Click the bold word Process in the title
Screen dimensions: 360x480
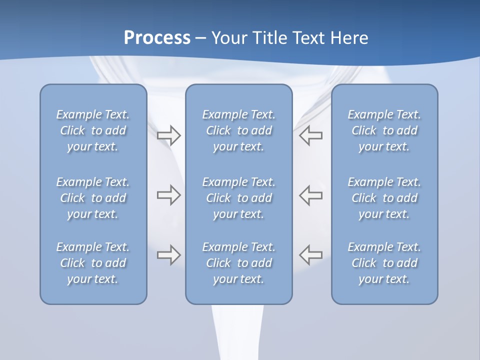(157, 38)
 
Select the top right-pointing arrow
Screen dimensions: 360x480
(168, 135)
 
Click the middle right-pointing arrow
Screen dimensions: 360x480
(168, 195)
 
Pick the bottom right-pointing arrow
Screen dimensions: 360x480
(168, 254)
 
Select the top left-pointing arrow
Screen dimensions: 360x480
(310, 135)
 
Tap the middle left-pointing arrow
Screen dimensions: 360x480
(310, 195)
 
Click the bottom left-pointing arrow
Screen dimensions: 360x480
(310, 254)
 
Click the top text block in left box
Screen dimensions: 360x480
(93, 130)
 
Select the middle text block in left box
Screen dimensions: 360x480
(93, 198)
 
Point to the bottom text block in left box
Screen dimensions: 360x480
(93, 263)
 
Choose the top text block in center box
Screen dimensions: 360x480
(239, 130)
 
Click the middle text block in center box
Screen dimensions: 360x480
(239, 198)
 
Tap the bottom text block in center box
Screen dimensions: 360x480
(239, 263)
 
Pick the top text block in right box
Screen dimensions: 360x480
(384, 130)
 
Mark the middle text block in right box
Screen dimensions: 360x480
(384, 198)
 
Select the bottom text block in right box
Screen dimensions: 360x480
(384, 263)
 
